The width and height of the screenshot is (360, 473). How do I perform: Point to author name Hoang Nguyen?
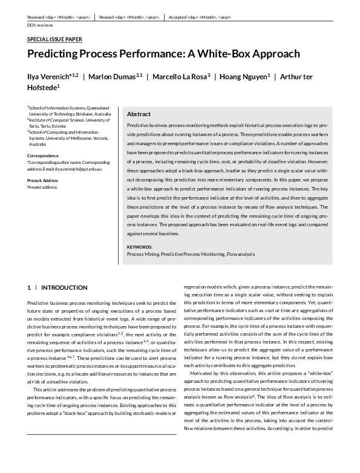(x=241, y=76)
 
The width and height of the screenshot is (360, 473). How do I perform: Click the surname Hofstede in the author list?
(x=42, y=88)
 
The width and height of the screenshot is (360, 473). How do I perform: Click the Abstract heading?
(x=139, y=114)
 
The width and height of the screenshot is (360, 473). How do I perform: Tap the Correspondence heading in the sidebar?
(x=44, y=155)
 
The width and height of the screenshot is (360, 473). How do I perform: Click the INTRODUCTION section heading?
(x=64, y=287)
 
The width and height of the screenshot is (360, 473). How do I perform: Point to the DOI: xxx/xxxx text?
(x=41, y=26)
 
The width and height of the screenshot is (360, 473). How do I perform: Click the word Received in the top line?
(x=38, y=18)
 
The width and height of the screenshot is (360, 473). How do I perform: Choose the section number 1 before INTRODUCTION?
(x=29, y=287)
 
